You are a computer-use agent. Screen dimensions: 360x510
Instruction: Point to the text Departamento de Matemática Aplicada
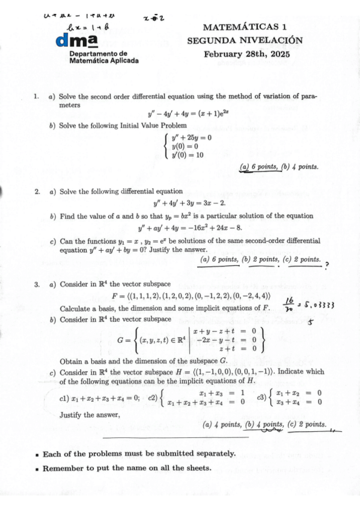pos(104,58)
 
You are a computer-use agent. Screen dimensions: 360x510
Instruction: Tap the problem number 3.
pos(37,284)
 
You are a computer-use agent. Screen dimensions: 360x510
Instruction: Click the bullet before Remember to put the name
pos(37,468)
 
